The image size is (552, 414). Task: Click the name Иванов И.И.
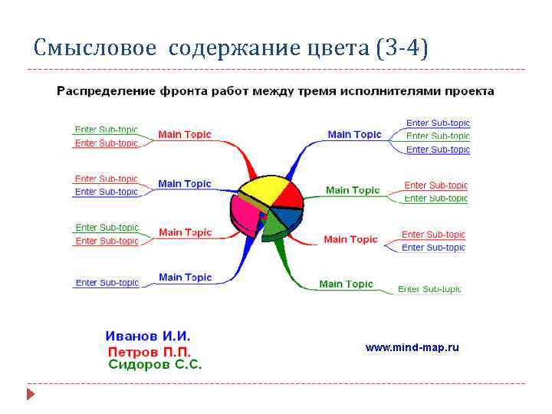tap(148, 336)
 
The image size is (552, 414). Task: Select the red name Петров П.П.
tap(149, 351)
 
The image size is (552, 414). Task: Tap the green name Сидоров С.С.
tap(156, 365)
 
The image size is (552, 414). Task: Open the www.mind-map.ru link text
tap(412, 347)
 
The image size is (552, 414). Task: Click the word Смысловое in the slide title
tap(96, 49)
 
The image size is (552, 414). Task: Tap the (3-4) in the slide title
tap(402, 49)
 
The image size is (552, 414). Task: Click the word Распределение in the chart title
tap(106, 91)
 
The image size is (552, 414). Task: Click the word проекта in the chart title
tap(469, 91)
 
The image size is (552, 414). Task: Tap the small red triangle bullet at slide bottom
tap(31, 395)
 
